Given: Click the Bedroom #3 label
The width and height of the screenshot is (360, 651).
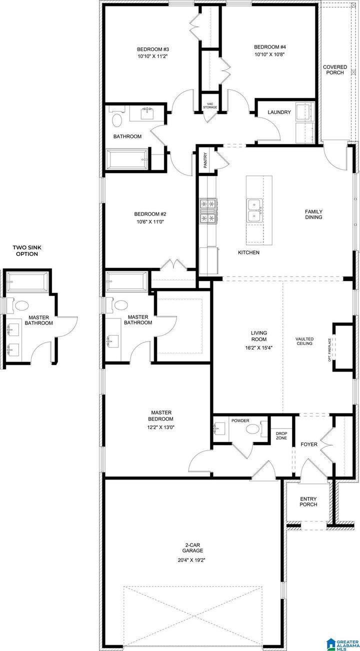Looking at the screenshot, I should pos(153,49).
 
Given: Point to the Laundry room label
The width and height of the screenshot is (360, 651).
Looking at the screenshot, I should pos(279,112).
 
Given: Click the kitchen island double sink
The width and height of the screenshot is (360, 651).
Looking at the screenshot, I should pos(254,210).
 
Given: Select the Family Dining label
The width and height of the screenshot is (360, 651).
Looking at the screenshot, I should pos(313,214).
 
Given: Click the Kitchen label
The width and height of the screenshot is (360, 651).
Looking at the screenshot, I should pos(248,253).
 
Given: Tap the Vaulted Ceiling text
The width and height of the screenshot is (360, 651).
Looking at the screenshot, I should pos(304,340).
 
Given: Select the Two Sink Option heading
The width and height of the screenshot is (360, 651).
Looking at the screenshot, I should pos(25,250).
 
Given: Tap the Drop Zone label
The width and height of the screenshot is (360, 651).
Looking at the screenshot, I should pos(281,435).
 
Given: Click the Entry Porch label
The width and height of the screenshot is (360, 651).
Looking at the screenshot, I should pos(308,501).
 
